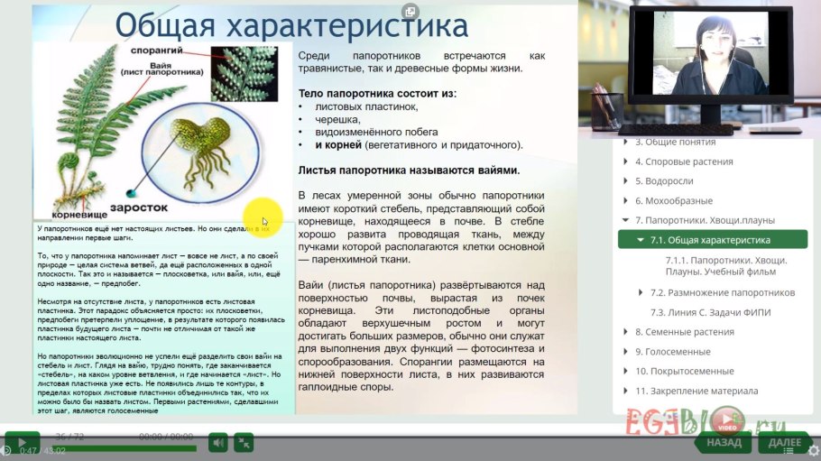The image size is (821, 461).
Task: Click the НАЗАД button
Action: click(724, 443)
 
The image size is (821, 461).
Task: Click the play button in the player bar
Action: click(22, 442)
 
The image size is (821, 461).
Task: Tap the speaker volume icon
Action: click(217, 442)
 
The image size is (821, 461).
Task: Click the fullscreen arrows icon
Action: click(244, 442)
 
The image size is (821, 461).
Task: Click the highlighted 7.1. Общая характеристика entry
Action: click(711, 241)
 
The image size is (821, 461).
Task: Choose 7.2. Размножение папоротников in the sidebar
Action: click(723, 293)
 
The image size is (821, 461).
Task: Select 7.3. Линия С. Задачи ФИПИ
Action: click(711, 313)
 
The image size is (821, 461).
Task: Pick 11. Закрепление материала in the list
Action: click(696, 392)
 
